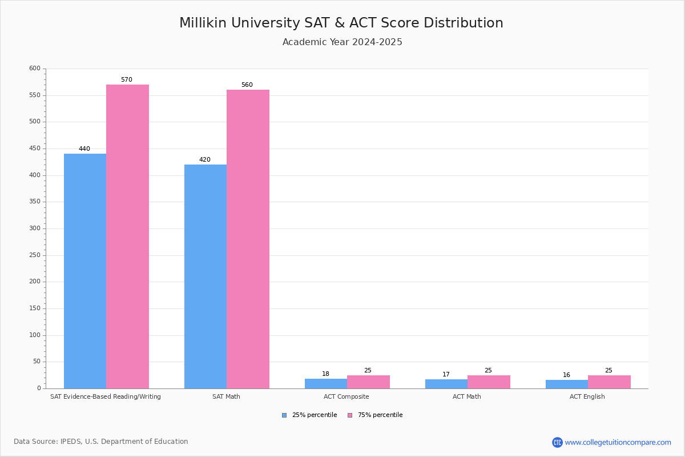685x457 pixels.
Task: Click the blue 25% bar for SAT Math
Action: [205, 276]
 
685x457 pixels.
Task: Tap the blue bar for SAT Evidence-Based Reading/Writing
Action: [85, 271]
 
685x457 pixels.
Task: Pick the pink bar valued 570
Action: [127, 236]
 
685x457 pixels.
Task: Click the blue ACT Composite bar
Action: [326, 383]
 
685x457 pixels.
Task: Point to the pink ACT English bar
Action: [609, 382]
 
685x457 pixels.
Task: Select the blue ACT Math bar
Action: [446, 384]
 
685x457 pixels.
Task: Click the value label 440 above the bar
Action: [84, 149]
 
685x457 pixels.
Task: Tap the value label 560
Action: [247, 85]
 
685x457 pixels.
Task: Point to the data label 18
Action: [325, 374]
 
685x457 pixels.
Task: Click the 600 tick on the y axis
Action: [35, 69]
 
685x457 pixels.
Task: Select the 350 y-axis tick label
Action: [35, 202]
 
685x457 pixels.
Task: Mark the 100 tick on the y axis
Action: [35, 335]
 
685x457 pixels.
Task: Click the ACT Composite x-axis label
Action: [346, 396]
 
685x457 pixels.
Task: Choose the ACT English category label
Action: [587, 396]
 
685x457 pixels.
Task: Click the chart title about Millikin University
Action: [341, 23]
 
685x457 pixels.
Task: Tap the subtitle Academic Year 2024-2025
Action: [342, 42]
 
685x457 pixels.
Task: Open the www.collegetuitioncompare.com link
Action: [618, 442]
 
